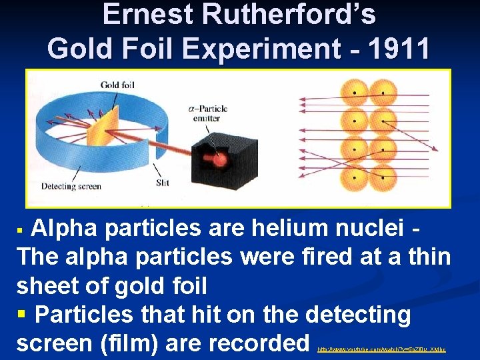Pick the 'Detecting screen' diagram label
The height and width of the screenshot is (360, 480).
click(71, 186)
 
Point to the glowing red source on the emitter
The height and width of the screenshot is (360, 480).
click(216, 161)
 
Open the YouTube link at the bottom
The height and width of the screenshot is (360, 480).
click(381, 349)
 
